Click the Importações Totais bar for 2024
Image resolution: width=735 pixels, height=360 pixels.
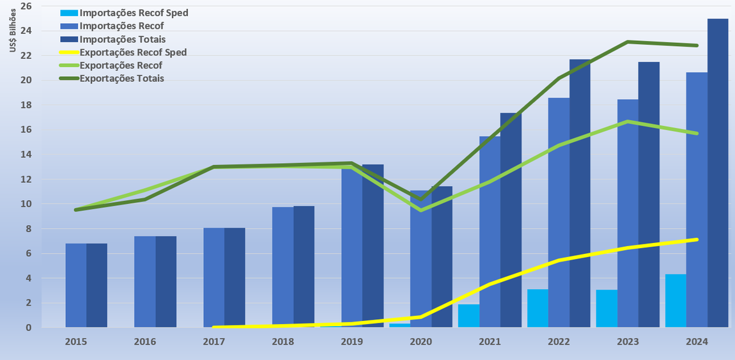point(718,173)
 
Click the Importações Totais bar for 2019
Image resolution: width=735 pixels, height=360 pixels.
point(373,246)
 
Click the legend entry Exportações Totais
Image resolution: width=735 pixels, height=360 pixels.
point(121,79)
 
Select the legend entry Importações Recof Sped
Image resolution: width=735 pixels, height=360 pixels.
point(134,13)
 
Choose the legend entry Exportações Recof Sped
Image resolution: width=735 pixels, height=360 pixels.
point(133,52)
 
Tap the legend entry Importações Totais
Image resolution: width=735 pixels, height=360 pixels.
point(122,40)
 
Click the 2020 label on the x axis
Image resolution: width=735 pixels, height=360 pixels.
point(420,342)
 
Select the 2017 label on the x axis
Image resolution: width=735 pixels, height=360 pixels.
point(213,342)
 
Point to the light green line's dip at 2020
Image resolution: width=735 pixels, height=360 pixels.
point(421,210)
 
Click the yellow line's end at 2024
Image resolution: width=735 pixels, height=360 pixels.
point(696,240)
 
